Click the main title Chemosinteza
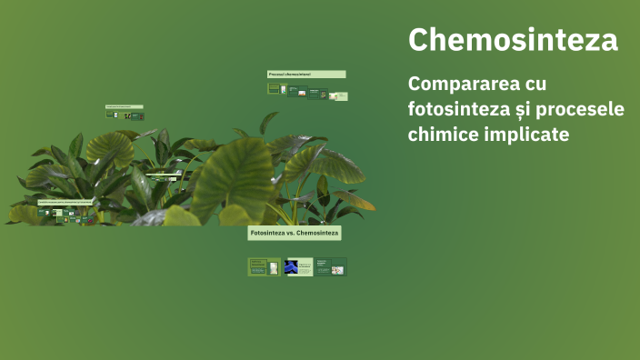(x=513, y=40)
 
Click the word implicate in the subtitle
(x=528, y=135)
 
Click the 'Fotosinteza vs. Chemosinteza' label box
(x=295, y=234)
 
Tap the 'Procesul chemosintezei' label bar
(x=306, y=75)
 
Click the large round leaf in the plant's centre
(x=235, y=177)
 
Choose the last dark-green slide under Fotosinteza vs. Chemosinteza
(x=331, y=267)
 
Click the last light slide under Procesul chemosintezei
(x=338, y=95)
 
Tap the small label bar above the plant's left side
(x=125, y=107)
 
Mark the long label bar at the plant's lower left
(x=65, y=202)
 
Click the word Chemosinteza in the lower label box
(x=317, y=234)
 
